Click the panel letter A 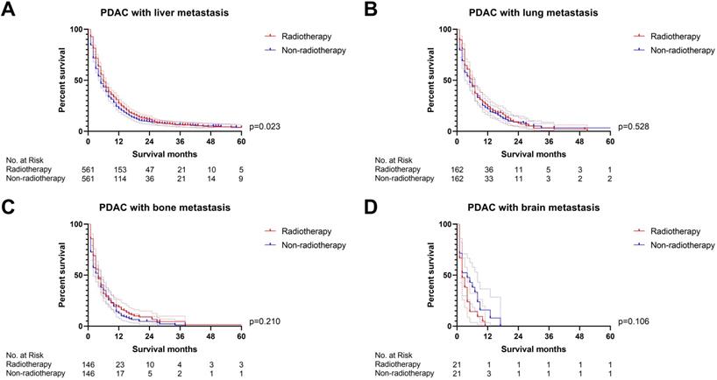pyautogui.click(x=9, y=11)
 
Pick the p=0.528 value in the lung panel pyautogui.click(x=634, y=129)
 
